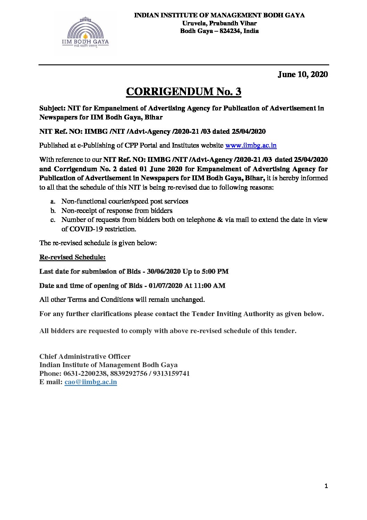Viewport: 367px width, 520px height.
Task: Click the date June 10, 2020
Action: (x=302, y=74)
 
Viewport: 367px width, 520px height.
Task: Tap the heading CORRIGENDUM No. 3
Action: (x=183, y=91)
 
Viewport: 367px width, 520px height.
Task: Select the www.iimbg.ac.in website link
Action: (x=251, y=146)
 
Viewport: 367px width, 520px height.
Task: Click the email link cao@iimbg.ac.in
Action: (x=91, y=382)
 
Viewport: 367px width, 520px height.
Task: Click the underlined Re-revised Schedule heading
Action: (x=72, y=257)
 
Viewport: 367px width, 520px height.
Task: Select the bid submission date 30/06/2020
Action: (x=161, y=271)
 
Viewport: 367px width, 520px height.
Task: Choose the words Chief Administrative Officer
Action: (x=85, y=357)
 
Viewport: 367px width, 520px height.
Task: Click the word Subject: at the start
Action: (x=52, y=108)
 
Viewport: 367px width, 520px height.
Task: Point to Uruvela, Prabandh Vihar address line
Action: (x=219, y=23)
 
